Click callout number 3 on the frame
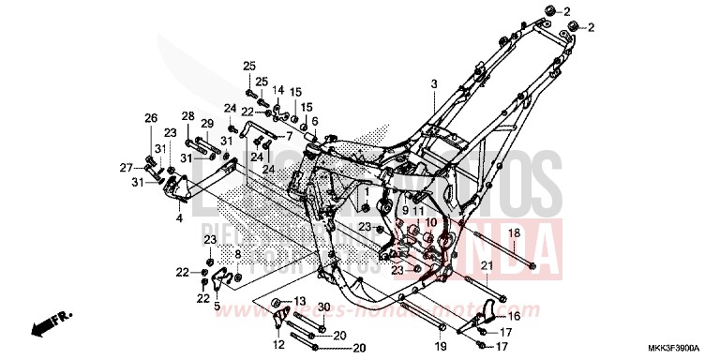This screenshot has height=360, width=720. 434,85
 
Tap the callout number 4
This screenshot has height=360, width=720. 179,217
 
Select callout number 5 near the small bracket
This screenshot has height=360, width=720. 217,306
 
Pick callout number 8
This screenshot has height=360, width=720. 237,254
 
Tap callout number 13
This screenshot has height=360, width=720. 300,300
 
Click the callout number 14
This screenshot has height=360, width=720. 277,90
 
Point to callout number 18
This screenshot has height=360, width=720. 513,232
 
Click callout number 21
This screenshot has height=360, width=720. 487,266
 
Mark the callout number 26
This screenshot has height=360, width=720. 150,117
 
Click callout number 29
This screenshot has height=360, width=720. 207,124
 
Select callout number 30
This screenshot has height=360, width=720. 322,307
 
